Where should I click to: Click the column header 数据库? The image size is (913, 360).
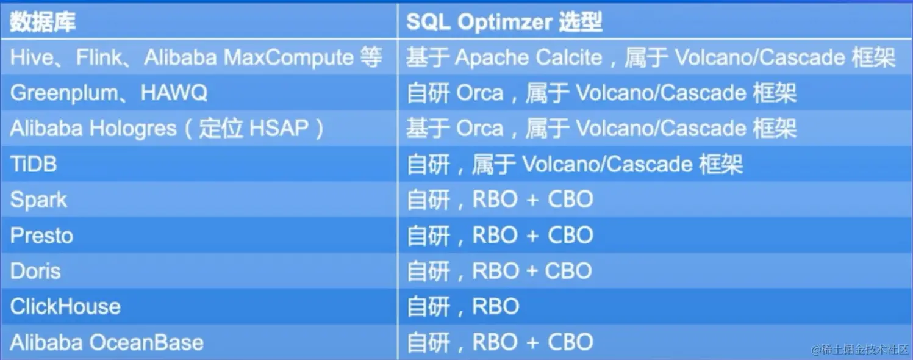point(43,23)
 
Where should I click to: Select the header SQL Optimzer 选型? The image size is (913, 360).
point(504,23)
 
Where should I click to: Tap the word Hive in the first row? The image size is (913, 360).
point(32,58)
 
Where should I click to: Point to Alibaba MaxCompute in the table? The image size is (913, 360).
point(249,58)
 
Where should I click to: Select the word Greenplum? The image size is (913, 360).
point(63,93)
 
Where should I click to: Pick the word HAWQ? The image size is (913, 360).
point(174,93)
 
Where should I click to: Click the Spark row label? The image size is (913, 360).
point(38,200)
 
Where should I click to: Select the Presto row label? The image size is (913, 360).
point(41,236)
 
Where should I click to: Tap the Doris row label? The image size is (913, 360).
point(35,271)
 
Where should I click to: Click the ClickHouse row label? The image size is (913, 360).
point(65,306)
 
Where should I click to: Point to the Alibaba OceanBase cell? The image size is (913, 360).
point(107,342)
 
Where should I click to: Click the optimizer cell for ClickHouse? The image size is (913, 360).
point(463,306)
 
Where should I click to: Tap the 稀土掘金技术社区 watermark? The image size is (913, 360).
point(859,349)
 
